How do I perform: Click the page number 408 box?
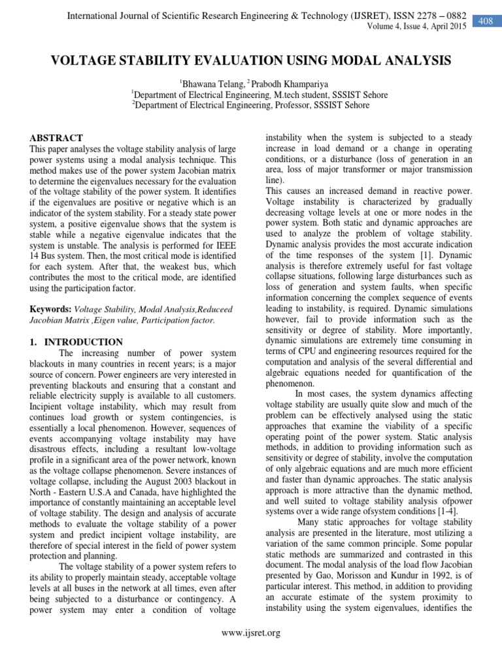tap(485, 22)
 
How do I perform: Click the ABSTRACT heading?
tap(56, 138)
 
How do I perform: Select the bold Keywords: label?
tap(51, 308)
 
